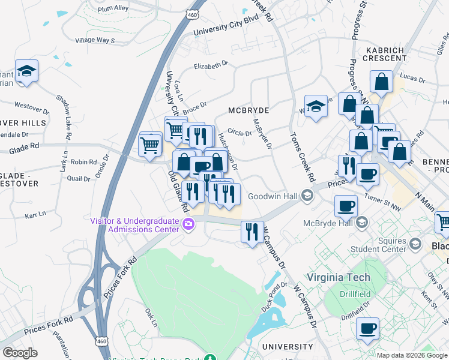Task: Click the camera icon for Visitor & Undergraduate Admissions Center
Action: click(189, 224)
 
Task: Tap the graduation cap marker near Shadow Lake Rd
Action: click(26, 72)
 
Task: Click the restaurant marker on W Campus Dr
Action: click(252, 232)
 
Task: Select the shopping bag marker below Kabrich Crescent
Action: click(381, 82)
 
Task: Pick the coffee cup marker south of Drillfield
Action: click(367, 329)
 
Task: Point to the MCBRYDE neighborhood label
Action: click(249, 111)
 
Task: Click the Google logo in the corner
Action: click(20, 353)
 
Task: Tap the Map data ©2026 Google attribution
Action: click(412, 355)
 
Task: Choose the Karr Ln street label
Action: click(35, 214)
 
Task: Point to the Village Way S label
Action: click(94, 40)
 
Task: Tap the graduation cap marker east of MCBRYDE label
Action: click(316, 107)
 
